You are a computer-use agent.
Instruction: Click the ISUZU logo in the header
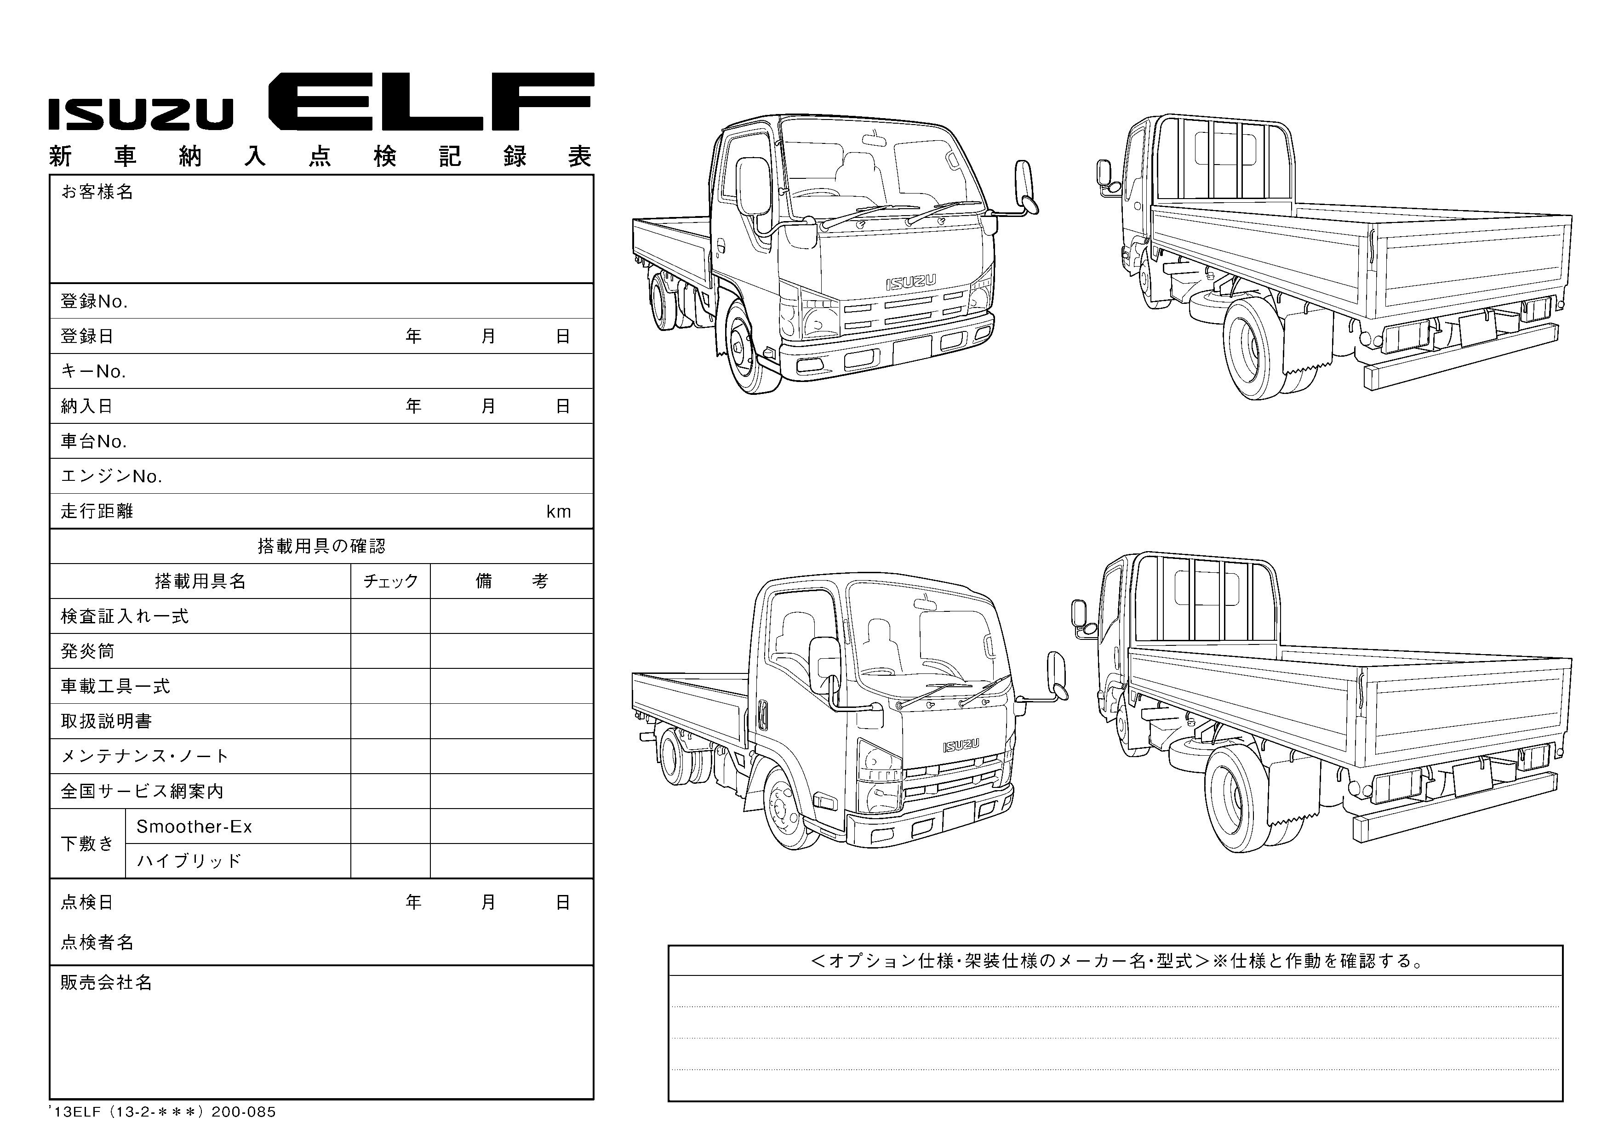141,114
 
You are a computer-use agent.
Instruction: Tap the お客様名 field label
97,192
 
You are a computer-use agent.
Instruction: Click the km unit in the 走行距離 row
559,511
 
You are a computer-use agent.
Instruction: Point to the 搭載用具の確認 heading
321,546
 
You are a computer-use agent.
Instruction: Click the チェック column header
390,581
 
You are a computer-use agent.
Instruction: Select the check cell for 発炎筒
390,651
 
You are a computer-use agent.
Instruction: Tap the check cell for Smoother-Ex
390,826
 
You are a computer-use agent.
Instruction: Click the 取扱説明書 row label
106,721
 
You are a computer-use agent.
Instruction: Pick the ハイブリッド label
189,861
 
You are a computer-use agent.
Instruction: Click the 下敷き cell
87,843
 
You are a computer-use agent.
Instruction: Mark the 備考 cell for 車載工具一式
511,686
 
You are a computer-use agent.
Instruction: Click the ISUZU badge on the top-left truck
910,282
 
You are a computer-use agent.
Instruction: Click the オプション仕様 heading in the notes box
1115,960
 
